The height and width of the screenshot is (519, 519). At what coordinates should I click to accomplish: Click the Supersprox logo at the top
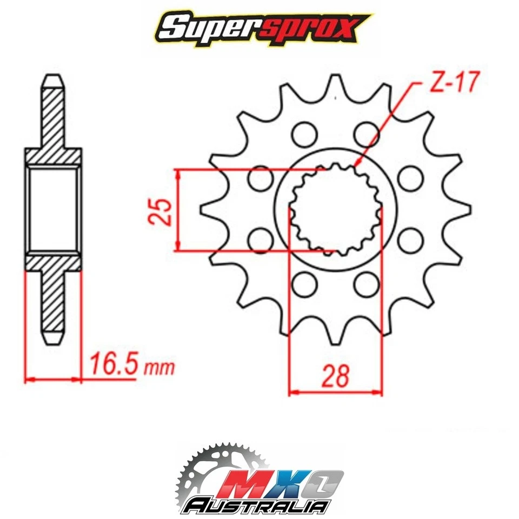259,28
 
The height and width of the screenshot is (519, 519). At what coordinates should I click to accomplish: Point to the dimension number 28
335,376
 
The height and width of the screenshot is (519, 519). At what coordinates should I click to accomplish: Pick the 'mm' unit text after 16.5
159,368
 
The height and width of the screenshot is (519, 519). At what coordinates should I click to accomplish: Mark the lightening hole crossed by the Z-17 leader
367,132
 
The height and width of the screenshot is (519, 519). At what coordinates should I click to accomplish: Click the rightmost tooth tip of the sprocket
469,209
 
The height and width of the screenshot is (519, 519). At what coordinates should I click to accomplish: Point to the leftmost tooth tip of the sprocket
201,209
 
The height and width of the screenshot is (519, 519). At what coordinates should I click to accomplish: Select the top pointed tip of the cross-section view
54,76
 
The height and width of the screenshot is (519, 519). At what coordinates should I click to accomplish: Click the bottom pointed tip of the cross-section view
54,342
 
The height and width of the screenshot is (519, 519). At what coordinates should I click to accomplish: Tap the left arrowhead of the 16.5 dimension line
27,379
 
